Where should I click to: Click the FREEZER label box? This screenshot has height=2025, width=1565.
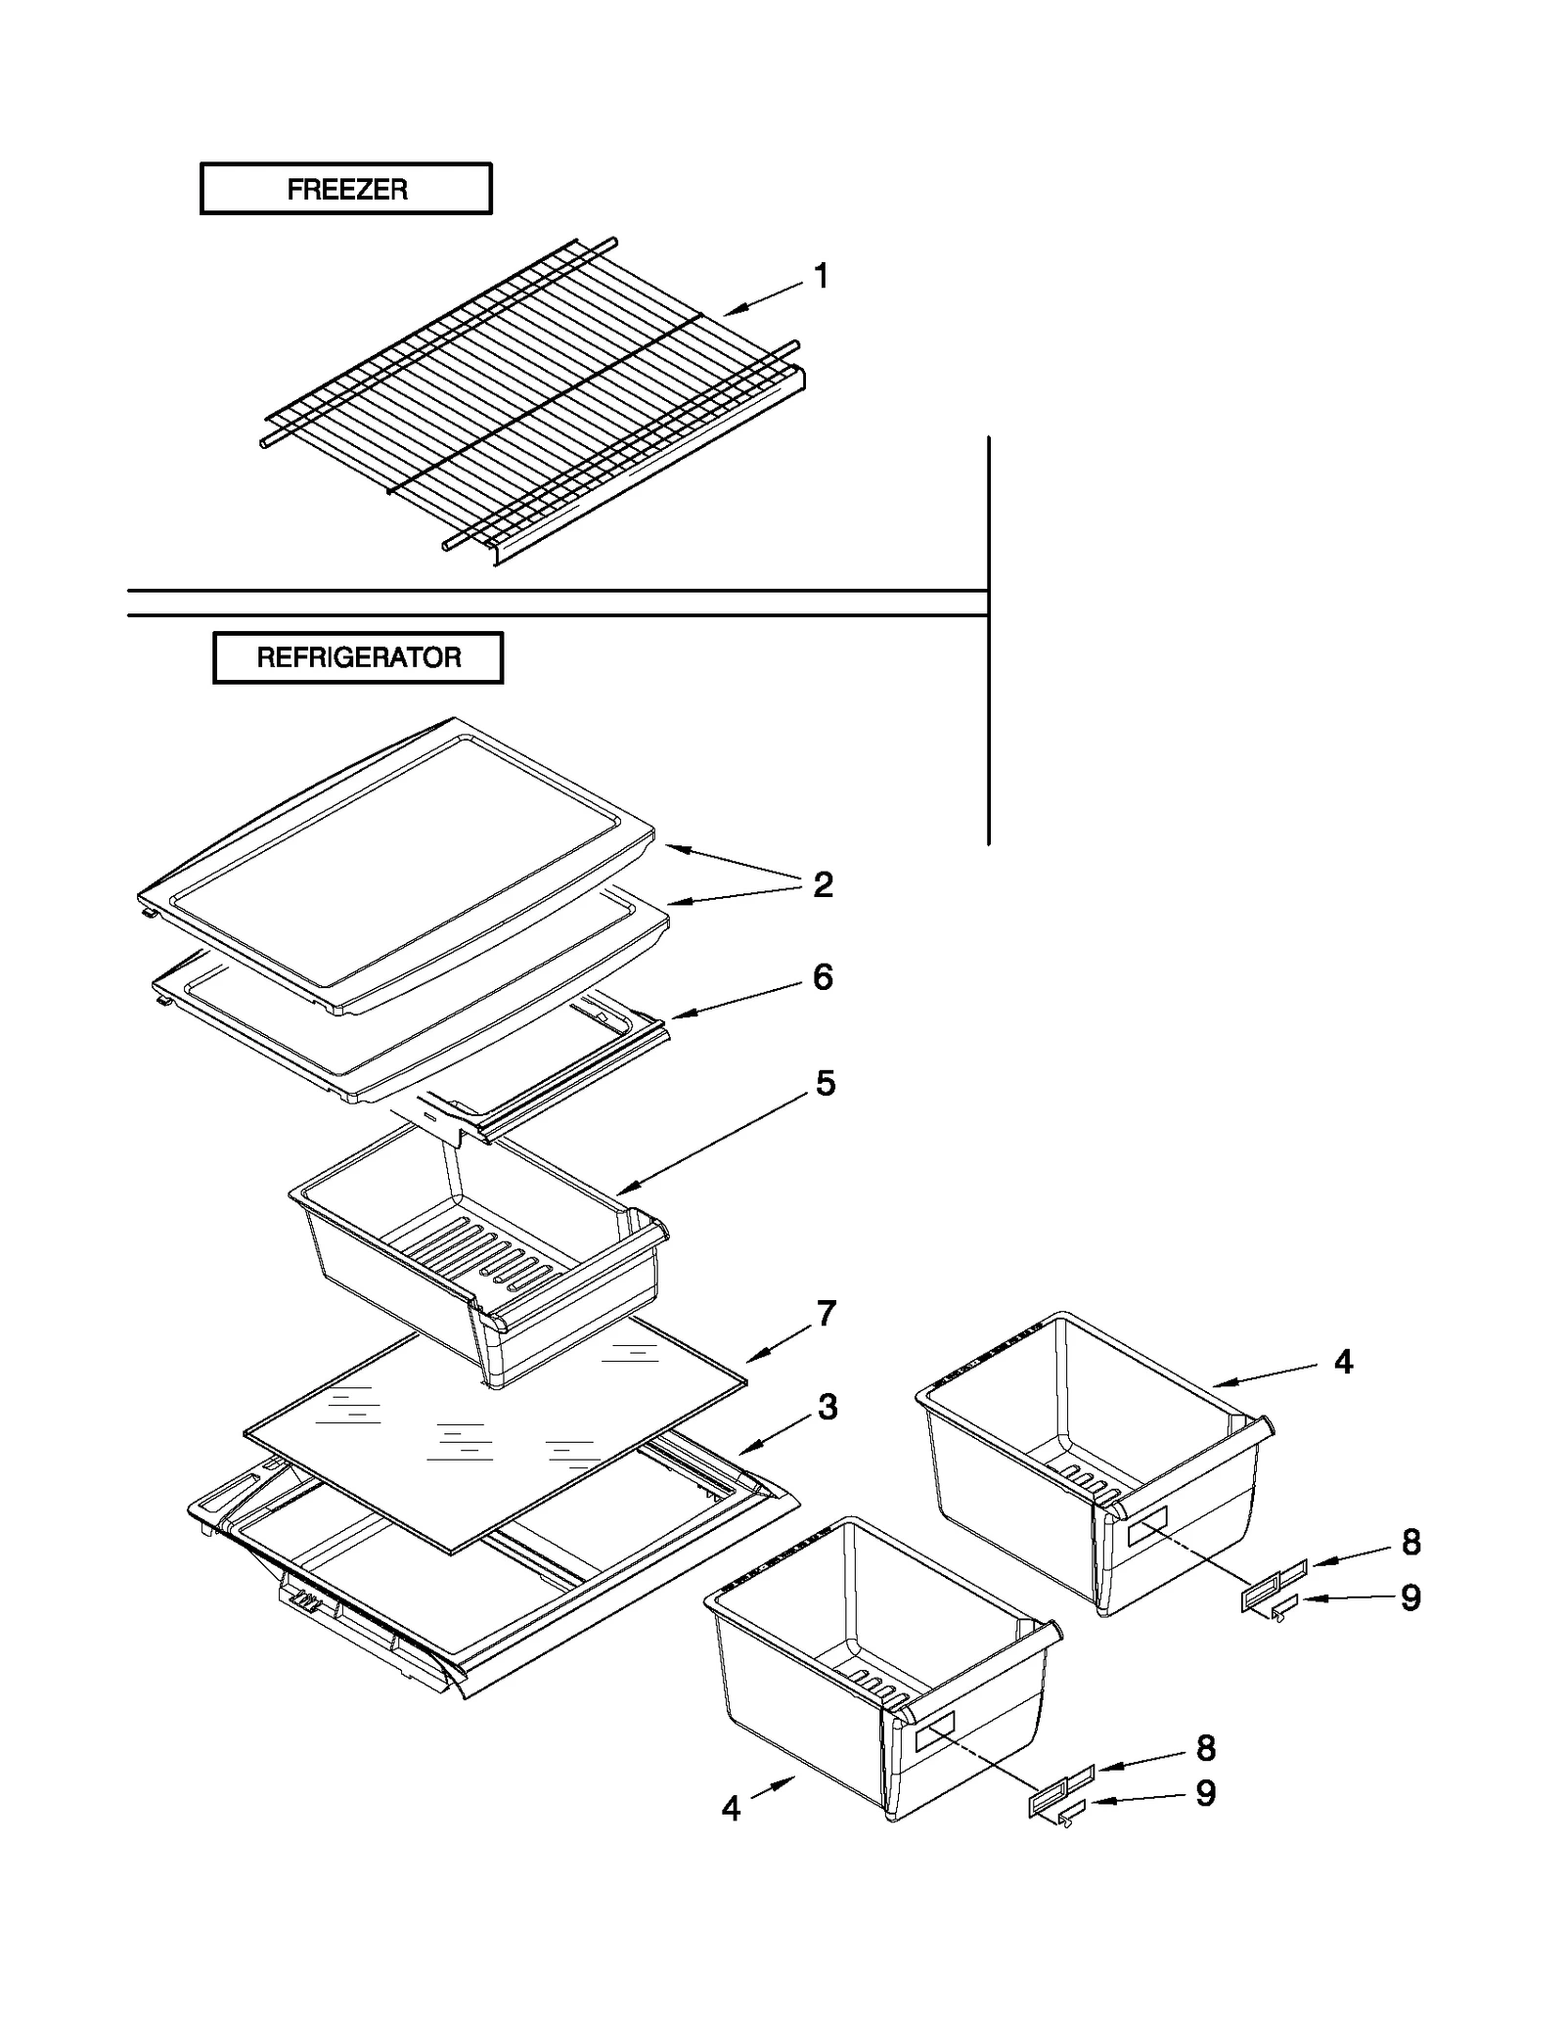[x=345, y=189]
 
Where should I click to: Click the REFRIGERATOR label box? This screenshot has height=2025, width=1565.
[x=358, y=657]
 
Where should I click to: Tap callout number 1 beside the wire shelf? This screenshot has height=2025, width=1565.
[x=822, y=276]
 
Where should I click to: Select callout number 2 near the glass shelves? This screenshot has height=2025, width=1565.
[x=824, y=884]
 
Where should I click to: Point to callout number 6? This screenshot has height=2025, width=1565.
[x=824, y=977]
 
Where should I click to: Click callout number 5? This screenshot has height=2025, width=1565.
[x=826, y=1084]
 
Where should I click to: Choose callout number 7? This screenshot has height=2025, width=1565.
[x=827, y=1314]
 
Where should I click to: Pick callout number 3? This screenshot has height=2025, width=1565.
[x=827, y=1408]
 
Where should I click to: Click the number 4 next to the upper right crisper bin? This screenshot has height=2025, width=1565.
[x=1344, y=1362]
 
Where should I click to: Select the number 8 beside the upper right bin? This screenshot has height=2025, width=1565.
[x=1410, y=1543]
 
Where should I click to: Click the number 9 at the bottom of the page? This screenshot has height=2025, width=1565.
[x=1206, y=1793]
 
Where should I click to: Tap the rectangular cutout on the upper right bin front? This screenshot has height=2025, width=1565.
[x=1147, y=1527]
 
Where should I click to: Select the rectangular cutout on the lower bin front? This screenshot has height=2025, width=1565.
[x=934, y=1731]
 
